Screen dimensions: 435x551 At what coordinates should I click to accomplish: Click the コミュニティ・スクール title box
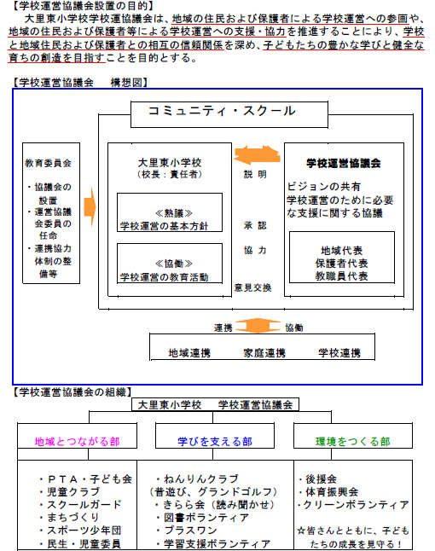point(229,114)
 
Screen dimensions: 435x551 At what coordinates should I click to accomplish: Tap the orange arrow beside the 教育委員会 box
point(90,207)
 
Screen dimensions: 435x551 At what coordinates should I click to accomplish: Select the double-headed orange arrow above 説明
point(257,154)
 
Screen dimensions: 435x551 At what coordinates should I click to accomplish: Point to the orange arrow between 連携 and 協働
point(258,326)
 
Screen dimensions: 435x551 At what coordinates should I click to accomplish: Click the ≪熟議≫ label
point(174,213)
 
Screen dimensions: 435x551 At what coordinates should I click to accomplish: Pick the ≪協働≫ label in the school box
point(174,264)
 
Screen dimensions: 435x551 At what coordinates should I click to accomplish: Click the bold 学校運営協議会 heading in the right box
point(343,164)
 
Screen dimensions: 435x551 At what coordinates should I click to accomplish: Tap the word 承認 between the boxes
point(255,225)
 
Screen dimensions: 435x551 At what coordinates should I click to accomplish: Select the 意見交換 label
point(253,287)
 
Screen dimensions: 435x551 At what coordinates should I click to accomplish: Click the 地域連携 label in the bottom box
point(189,353)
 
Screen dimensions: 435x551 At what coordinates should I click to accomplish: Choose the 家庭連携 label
point(264,353)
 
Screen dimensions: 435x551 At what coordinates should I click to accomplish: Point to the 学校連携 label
point(339,353)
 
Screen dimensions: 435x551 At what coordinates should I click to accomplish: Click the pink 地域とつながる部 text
point(78,442)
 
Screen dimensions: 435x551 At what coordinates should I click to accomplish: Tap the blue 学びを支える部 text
point(215,442)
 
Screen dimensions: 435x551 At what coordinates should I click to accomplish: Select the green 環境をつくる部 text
point(353,442)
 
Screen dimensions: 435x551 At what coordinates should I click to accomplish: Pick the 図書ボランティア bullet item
point(202,518)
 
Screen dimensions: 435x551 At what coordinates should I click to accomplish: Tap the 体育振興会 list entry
point(328,492)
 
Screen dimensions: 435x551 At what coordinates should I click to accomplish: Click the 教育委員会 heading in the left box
point(48,164)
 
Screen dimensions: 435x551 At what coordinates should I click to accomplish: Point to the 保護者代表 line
point(341,264)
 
